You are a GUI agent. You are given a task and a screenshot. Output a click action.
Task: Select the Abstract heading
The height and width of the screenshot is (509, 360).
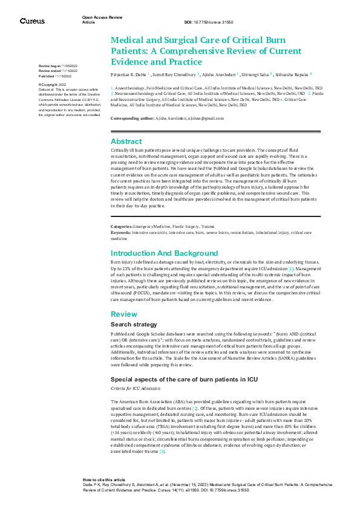tap(126, 141)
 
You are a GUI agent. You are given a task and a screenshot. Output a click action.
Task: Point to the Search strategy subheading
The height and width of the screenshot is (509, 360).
tap(134, 325)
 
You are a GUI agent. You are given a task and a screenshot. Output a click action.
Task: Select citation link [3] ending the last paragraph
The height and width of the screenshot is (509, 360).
tap(162, 452)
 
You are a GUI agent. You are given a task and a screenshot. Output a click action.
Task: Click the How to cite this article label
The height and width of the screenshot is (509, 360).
tap(104, 479)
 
